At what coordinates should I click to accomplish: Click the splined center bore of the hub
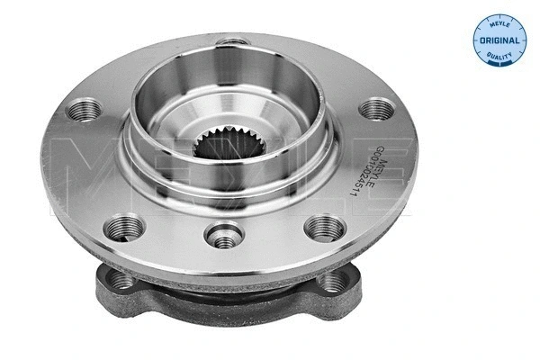tap(220, 146)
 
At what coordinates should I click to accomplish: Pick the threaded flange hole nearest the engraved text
tap(377, 110)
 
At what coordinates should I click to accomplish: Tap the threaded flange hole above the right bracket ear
tap(323, 228)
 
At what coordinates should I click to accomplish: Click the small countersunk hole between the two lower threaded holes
tap(223, 236)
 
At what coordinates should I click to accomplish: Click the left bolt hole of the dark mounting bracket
tap(122, 281)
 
